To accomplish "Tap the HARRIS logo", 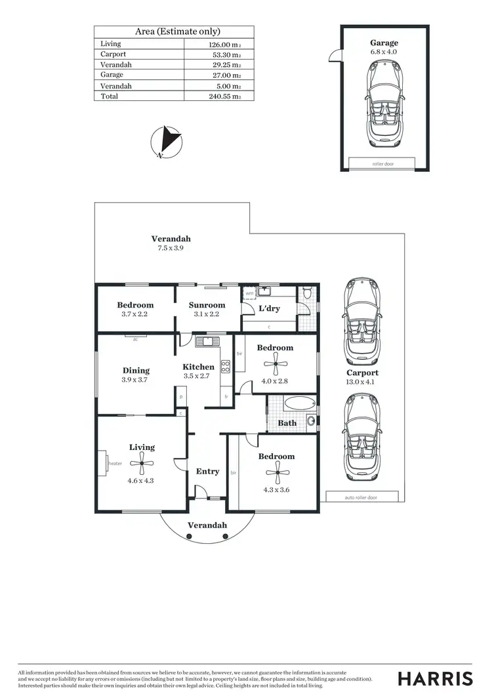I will coord(435,678).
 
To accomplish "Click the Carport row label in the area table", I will coord(113,54).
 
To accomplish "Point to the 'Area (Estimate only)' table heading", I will coord(177,31).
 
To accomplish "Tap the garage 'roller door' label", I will coord(382,163).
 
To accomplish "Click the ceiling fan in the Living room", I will coord(142,463).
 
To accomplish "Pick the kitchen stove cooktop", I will coord(225,366).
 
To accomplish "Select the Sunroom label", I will coord(207,305).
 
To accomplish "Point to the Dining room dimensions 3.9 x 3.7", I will coord(136,380).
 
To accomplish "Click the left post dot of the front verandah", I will coord(189,537).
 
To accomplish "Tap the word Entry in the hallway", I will coord(207,471).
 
